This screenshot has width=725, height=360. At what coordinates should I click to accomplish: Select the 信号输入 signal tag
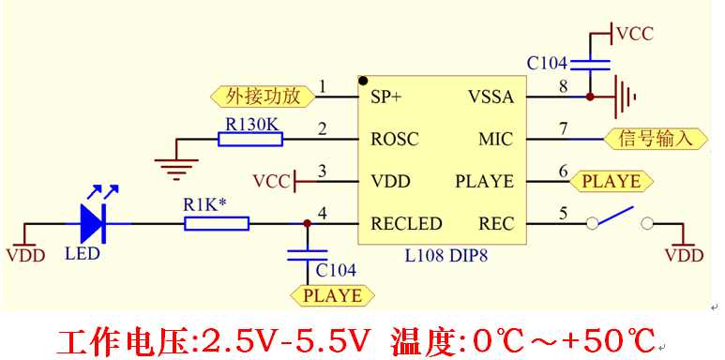click(x=654, y=139)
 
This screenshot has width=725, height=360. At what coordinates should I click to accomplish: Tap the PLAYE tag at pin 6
click(x=611, y=181)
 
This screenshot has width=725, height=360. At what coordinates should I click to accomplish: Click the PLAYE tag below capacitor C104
click(x=333, y=295)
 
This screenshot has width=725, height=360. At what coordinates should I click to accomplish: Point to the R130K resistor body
click(x=250, y=140)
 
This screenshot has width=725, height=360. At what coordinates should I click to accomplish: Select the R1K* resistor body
click(x=217, y=223)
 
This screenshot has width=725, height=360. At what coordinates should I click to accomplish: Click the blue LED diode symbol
click(x=93, y=222)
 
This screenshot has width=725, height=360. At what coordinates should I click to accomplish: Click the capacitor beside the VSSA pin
click(x=590, y=65)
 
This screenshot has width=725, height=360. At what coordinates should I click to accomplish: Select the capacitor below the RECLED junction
click(x=307, y=254)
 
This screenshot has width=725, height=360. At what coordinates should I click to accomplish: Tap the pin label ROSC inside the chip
click(x=395, y=139)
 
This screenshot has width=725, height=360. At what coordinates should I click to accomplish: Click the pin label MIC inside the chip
click(x=495, y=139)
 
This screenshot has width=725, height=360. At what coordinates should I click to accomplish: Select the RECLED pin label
click(x=405, y=223)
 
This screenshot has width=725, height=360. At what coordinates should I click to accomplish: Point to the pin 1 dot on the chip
click(x=363, y=82)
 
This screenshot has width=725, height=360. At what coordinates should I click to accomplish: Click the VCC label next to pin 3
click(x=271, y=180)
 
